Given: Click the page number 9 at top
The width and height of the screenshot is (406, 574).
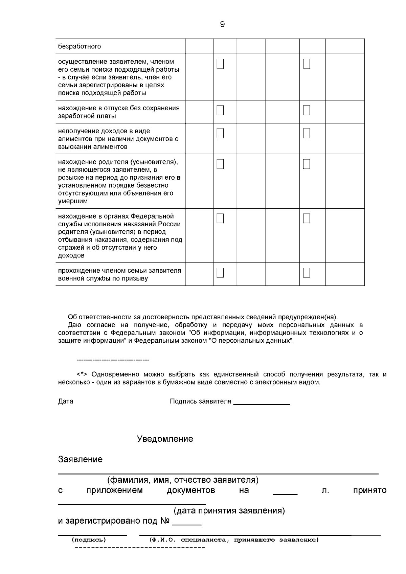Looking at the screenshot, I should click(x=222, y=24).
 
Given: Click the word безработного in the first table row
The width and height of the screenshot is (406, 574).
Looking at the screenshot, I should click(x=80, y=46).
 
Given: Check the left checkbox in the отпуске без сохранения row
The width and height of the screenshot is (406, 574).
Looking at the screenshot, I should click(x=220, y=110).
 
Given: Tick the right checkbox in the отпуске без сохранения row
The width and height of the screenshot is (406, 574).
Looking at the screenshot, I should click(x=307, y=110).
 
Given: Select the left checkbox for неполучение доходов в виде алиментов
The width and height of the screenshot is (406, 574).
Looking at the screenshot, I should click(x=220, y=133).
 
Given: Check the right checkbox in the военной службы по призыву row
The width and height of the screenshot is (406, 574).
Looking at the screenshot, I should click(x=307, y=273).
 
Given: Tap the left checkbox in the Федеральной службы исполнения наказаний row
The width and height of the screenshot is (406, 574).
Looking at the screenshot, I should click(x=220, y=219).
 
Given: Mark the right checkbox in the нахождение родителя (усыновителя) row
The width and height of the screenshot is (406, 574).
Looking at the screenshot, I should click(x=307, y=164).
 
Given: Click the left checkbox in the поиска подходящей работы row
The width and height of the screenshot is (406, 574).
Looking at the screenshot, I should click(x=220, y=64).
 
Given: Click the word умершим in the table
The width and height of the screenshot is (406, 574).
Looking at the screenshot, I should click(x=73, y=201).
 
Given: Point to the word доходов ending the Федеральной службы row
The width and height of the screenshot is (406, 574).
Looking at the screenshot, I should click(x=71, y=256).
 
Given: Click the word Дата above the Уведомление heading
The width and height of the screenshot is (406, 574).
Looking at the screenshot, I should click(x=66, y=401).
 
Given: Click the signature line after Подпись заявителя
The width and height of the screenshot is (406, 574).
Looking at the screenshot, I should click(x=262, y=404).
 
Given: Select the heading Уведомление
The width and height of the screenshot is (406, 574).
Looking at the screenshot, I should click(x=165, y=439).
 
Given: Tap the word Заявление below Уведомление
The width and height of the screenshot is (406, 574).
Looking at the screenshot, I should click(x=80, y=459).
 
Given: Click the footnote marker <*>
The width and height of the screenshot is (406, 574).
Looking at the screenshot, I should click(x=82, y=375).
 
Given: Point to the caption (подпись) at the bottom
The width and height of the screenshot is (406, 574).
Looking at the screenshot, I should click(x=89, y=540).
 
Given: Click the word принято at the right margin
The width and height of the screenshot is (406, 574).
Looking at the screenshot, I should click(x=369, y=490).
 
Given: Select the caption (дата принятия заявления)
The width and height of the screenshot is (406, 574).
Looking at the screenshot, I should click(x=229, y=510).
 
